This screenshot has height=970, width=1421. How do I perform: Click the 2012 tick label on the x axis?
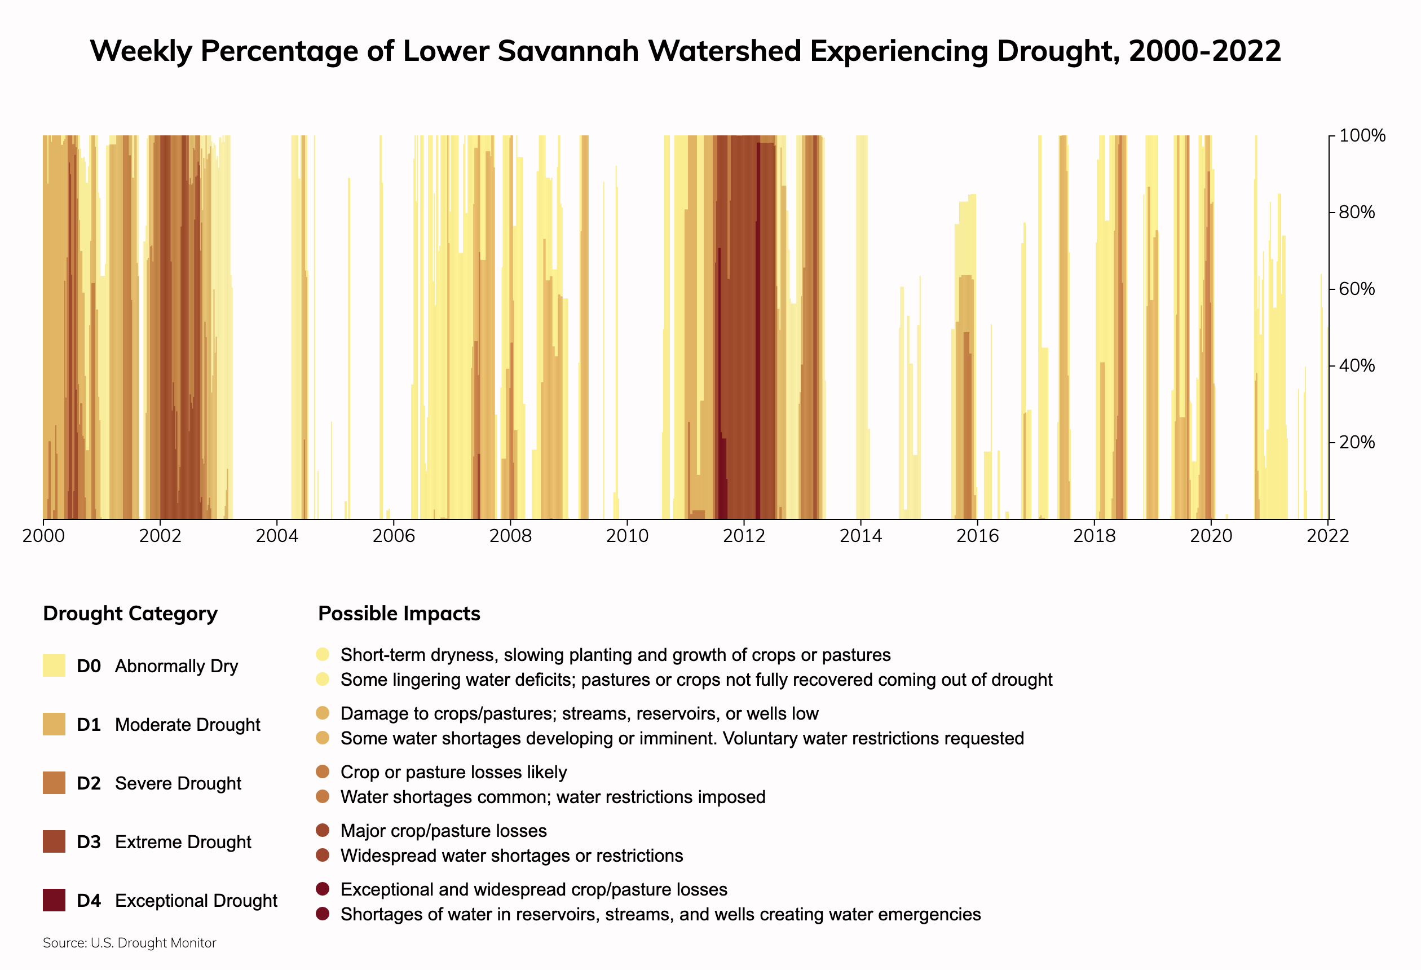point(744,536)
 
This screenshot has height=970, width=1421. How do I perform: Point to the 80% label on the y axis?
point(1357,212)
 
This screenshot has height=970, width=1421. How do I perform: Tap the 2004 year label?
point(277,536)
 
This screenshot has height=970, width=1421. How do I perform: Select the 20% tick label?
point(1357,442)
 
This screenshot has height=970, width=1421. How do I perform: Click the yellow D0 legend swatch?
point(54,665)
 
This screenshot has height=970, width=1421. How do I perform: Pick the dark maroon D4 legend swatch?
point(54,900)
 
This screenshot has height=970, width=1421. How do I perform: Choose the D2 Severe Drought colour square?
point(54,783)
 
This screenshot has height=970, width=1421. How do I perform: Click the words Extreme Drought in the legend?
point(183,842)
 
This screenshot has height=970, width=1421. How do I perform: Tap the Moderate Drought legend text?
point(187,725)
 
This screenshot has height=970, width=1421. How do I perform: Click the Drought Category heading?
point(130,614)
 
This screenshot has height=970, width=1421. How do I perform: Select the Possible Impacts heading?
point(399,614)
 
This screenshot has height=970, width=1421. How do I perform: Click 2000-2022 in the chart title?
point(1204,51)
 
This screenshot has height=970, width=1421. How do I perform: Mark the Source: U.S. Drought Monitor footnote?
point(130,943)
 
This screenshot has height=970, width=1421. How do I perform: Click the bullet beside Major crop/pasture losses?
point(323,831)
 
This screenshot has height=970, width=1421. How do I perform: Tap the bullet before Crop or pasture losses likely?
point(323,772)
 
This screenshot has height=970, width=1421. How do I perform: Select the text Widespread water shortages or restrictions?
point(512,856)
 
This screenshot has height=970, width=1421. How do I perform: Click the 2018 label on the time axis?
point(1095,536)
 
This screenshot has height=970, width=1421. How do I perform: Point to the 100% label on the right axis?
point(1362,136)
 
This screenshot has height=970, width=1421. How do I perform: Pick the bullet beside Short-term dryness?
point(323,654)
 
